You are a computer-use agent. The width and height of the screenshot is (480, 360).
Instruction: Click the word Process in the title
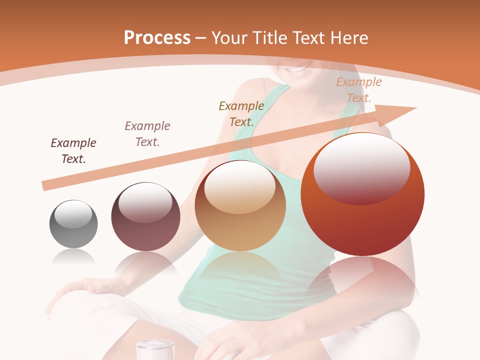[157, 38]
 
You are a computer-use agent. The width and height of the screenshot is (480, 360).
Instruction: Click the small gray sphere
[73, 224]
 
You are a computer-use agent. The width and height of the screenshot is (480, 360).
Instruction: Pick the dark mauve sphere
[145, 217]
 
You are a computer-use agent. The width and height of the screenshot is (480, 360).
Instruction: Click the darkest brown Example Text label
[73, 151]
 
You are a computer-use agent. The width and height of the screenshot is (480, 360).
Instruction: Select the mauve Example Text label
[147, 134]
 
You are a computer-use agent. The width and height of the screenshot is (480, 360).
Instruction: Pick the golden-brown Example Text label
[241, 113]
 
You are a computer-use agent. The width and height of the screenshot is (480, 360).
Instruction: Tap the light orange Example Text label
[359, 90]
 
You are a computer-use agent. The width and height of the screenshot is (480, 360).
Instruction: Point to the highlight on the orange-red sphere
[361, 168]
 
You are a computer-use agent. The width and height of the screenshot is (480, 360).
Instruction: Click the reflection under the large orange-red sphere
[362, 280]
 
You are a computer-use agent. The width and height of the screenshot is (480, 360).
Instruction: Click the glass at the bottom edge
[155, 349]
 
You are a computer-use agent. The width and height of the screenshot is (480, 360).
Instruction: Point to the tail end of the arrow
[44, 186]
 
